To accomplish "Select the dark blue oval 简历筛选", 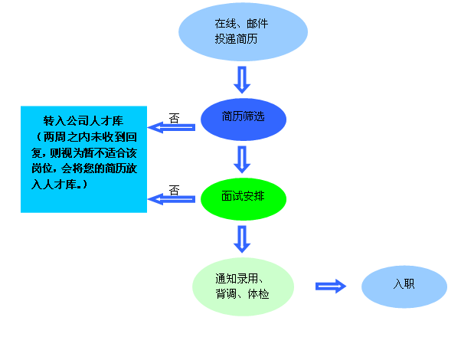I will [243, 118].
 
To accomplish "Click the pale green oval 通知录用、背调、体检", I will [243, 286].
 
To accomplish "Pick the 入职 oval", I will [404, 286].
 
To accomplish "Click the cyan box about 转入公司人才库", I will [83, 159].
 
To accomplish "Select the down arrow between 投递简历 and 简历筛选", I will [243, 79].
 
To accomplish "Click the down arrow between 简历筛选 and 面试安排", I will [243, 159].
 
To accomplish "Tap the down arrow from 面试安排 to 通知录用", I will [243, 239].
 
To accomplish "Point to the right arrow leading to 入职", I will [331, 286].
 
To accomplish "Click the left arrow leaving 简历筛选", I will [172, 127].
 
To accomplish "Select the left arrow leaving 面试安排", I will [172, 199].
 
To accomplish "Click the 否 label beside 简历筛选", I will [174, 117].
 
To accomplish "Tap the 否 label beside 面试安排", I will [174, 190].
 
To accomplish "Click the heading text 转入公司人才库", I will [83, 123].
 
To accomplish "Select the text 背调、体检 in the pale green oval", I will [242, 293].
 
